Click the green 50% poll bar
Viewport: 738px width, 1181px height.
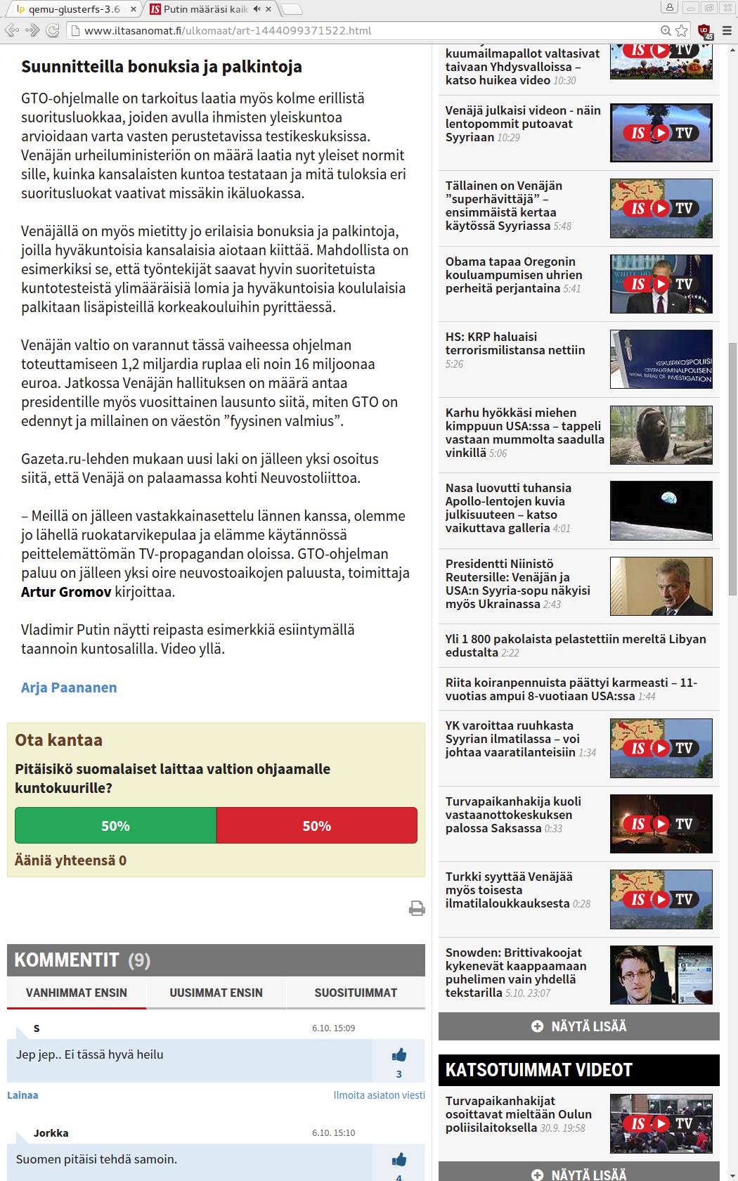coord(115,826)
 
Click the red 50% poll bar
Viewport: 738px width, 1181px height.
coord(316,826)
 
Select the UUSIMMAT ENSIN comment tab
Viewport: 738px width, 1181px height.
coord(216,993)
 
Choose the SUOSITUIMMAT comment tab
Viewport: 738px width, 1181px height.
coord(356,993)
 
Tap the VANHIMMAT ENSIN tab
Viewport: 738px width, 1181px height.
coord(77,993)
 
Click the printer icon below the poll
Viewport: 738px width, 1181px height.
coord(417,908)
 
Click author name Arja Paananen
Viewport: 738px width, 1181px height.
coord(69,688)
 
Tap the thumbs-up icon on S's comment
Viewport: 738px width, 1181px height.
coord(399,1054)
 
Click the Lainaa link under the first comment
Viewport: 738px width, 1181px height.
coord(22,1095)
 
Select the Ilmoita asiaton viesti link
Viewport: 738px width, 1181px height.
coord(379,1095)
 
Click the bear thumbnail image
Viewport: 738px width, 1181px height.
coord(661,434)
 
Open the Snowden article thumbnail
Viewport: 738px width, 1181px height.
coord(661,974)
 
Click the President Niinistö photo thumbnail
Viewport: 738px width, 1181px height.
coord(661,586)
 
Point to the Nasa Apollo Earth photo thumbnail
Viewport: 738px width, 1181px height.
coord(661,510)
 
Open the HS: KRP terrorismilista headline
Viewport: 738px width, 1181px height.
coord(514,343)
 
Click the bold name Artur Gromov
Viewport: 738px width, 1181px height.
coord(66,592)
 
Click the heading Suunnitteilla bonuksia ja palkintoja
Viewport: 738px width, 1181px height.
coord(162,67)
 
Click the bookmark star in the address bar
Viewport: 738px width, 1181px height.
coord(682,30)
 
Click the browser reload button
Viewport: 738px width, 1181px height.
coord(52,30)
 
